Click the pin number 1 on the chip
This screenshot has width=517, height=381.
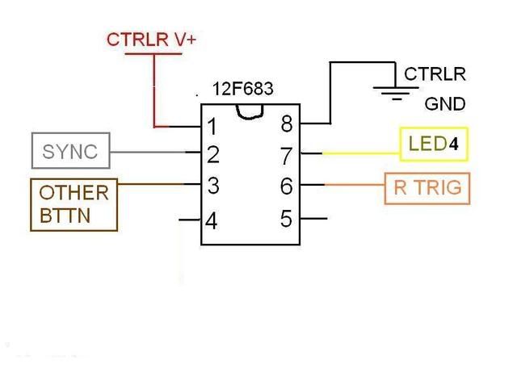[212, 127]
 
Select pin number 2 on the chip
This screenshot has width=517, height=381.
[212, 154]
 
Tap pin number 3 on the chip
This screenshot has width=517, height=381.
[212, 186]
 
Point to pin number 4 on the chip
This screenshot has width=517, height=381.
[211, 220]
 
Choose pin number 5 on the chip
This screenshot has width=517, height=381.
[285, 218]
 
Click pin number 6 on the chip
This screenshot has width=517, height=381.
[285, 186]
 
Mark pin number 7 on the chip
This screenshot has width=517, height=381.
[286, 153]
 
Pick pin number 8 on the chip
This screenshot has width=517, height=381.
[286, 124]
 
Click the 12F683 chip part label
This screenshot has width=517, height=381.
[242, 90]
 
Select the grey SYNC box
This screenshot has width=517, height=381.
[70, 151]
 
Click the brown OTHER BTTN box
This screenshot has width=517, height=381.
[74, 204]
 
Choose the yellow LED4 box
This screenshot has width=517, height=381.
[434, 145]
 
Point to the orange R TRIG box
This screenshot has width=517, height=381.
[427, 188]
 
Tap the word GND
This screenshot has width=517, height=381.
[445, 104]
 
